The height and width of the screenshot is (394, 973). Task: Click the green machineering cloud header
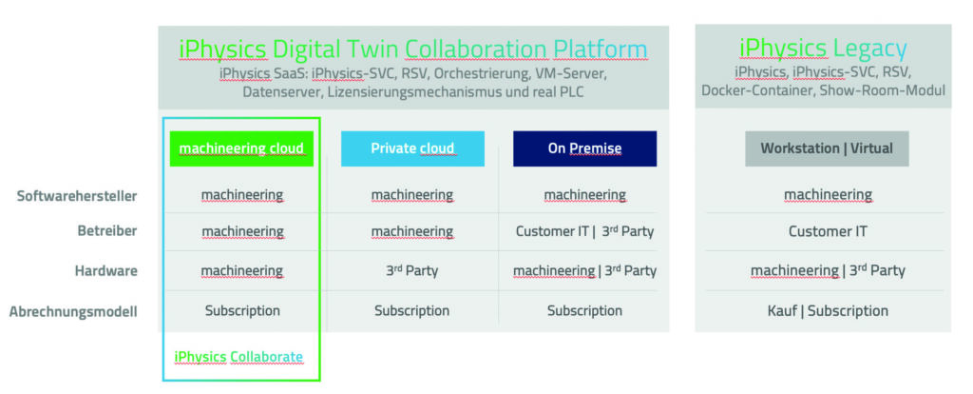[241, 148]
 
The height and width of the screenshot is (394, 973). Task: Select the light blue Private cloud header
[412, 148]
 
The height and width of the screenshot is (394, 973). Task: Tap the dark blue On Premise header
[584, 148]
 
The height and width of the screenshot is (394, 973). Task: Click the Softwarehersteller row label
[77, 196]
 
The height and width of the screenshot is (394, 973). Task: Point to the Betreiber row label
[107, 231]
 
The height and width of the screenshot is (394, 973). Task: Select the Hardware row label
[106, 271]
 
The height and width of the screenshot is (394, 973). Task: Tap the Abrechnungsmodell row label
[73, 310]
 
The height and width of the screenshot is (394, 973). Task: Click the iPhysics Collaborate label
[238, 357]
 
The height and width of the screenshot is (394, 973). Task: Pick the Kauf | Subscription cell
[828, 310]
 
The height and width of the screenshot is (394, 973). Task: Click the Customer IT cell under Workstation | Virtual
[828, 231]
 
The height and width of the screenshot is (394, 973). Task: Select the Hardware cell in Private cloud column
[411, 271]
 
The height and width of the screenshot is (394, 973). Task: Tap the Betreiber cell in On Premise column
[584, 231]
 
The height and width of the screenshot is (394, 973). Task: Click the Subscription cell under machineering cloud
[242, 310]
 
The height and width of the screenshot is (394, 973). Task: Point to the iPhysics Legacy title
[823, 48]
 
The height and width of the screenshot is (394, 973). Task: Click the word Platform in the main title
[601, 49]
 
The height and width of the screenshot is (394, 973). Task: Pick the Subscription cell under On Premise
[584, 310]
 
